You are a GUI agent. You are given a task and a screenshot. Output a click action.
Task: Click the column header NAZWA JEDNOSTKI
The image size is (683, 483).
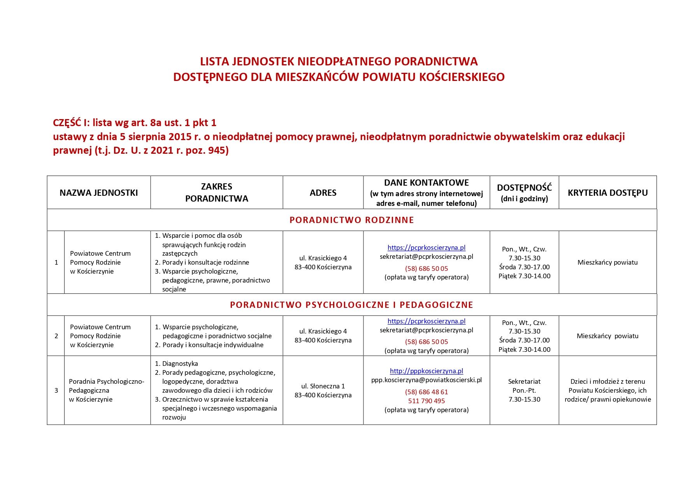pyautogui.click(x=98, y=193)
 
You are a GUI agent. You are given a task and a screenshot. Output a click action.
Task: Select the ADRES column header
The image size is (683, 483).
pyautogui.click(x=323, y=193)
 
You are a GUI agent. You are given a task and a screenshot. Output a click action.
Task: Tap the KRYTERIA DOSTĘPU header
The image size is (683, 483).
pyautogui.click(x=608, y=193)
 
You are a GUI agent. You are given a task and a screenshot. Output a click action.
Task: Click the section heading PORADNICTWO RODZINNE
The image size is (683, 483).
pyautogui.click(x=351, y=220)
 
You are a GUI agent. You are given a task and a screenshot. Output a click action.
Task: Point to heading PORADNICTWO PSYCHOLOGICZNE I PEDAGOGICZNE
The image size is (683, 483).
pyautogui.click(x=351, y=305)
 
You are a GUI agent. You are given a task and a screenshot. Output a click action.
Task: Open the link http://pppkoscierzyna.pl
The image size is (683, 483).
pyautogui.click(x=427, y=371)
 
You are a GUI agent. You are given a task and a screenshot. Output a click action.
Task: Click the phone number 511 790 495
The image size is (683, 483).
pyautogui.click(x=427, y=401)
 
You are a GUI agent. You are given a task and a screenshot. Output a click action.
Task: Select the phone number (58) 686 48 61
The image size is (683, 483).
pyautogui.click(x=427, y=392)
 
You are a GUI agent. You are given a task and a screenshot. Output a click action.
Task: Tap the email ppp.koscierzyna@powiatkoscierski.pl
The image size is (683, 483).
pyautogui.click(x=427, y=380)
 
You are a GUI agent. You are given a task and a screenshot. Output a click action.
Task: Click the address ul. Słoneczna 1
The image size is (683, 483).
pyautogui.click(x=323, y=386)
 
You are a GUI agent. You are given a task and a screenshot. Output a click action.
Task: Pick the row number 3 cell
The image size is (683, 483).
pyautogui.click(x=56, y=390)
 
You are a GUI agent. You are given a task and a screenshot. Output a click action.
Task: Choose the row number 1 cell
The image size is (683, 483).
pyautogui.click(x=56, y=262)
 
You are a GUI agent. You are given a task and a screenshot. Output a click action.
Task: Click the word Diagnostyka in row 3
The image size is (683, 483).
pyautogui.click(x=180, y=364)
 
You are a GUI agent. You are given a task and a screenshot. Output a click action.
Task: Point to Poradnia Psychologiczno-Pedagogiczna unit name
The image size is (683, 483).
pyautogui.click(x=106, y=390)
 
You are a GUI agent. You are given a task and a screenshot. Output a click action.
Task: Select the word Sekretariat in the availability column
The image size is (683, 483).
pyautogui.click(x=524, y=381)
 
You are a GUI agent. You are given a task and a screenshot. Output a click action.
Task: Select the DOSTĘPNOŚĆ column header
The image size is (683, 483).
pyautogui.click(x=524, y=188)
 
